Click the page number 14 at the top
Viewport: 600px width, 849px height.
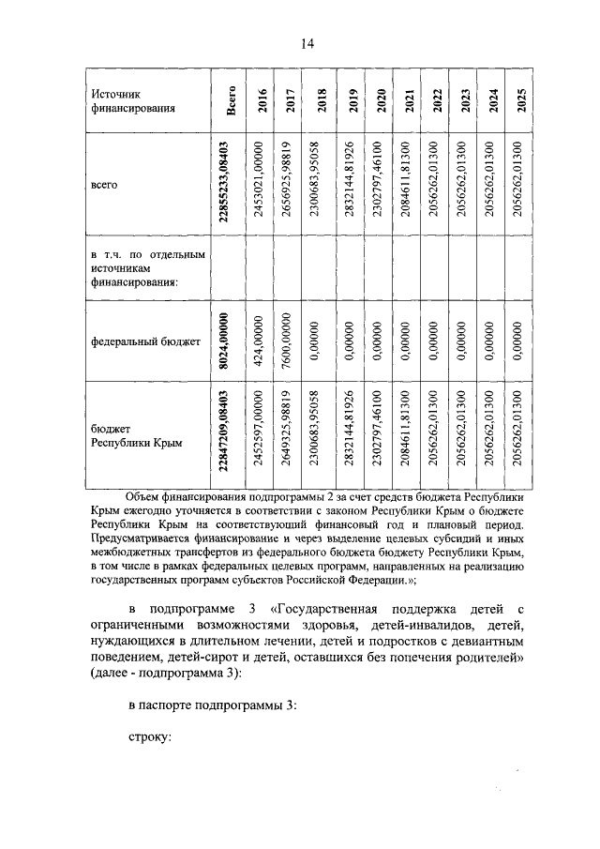[x=307, y=43]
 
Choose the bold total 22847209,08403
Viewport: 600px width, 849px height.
[x=225, y=436]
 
